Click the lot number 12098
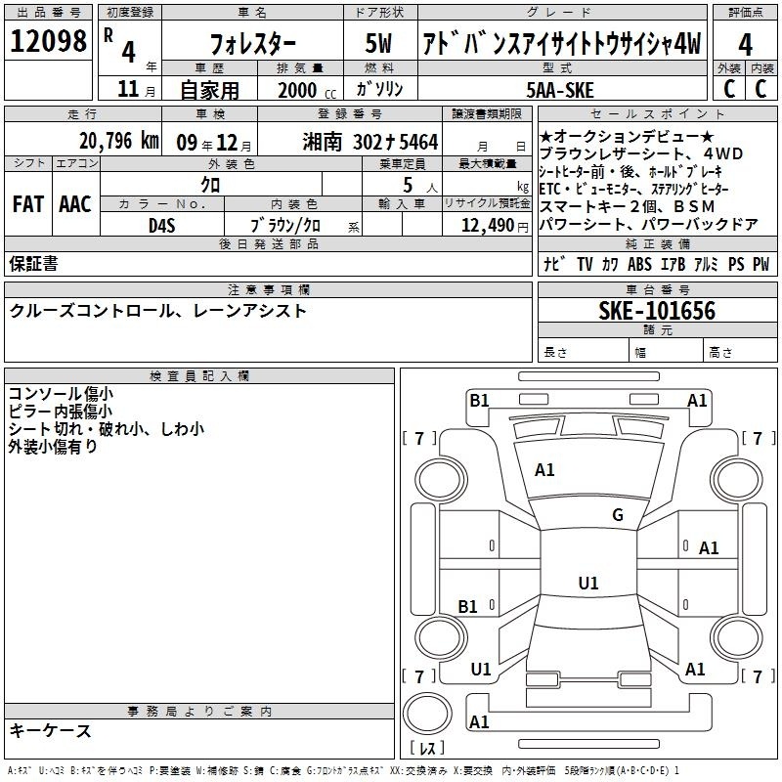coord(48,40)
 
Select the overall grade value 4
coord(745,45)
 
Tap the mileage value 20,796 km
coord(119,141)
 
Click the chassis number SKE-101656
coord(657,310)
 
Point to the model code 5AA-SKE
coord(560,90)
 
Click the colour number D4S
coord(162,226)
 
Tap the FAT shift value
coord(28,204)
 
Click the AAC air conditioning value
coord(75,204)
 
